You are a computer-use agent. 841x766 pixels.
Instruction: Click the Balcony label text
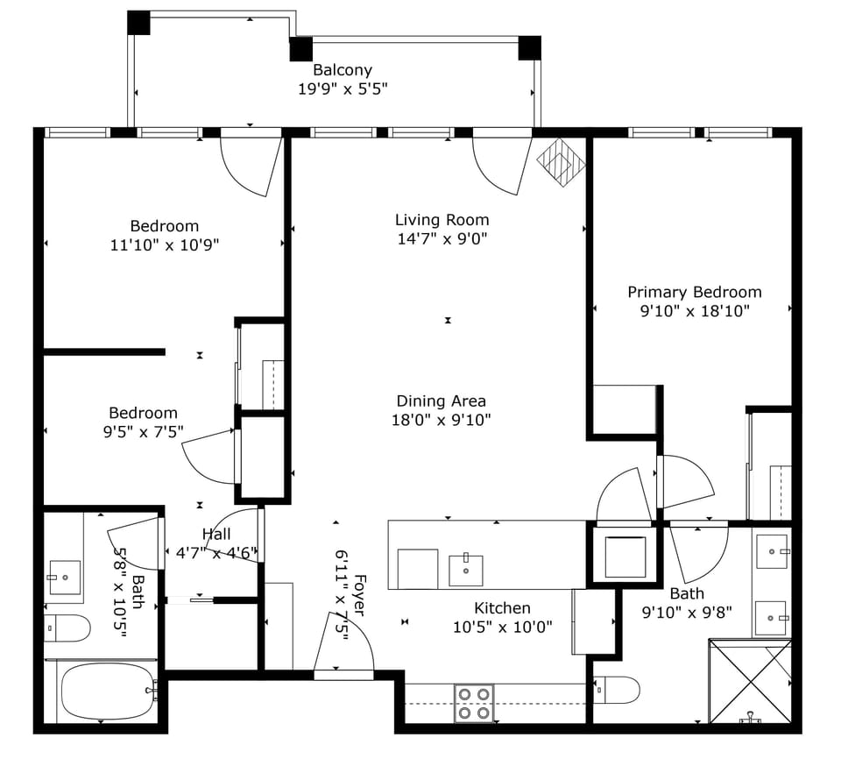tap(343, 70)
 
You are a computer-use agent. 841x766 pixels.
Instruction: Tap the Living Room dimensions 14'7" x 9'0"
tap(442, 238)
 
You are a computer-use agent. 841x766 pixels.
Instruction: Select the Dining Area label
tap(441, 401)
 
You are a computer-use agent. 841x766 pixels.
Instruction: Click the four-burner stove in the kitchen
tap(474, 703)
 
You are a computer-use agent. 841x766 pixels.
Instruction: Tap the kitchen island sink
tap(465, 569)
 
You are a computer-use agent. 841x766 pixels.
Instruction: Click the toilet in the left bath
tap(67, 628)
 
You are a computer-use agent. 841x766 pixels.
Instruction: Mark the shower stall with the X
tap(750, 682)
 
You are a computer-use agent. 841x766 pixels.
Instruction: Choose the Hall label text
tap(216, 535)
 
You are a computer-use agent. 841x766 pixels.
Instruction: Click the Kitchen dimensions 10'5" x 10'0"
tap(502, 627)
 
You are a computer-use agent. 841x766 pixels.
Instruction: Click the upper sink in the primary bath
tap(772, 551)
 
